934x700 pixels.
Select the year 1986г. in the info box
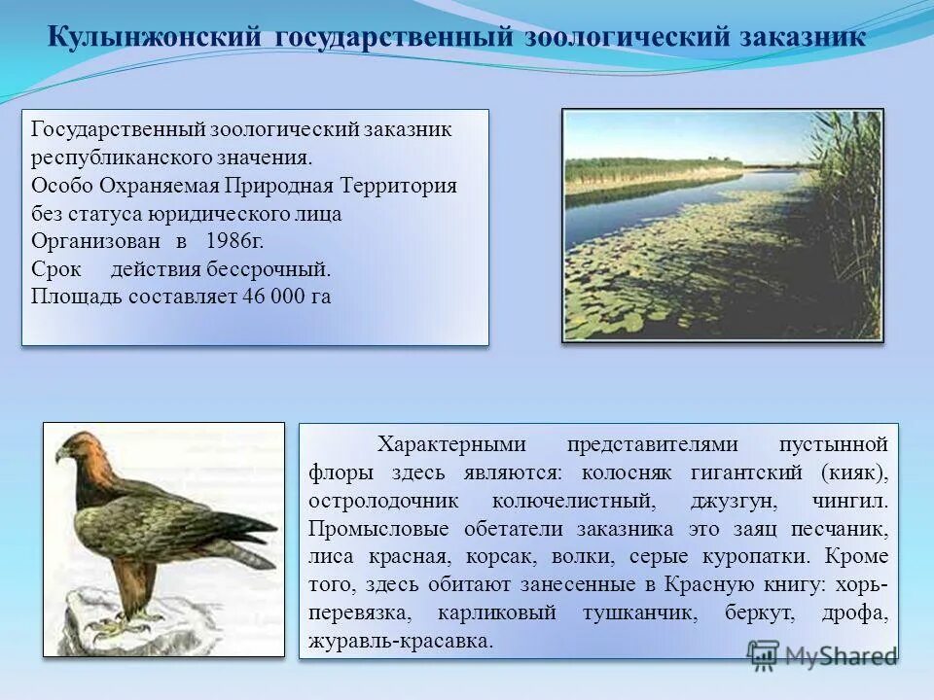(x=234, y=241)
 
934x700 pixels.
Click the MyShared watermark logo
(x=822, y=655)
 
